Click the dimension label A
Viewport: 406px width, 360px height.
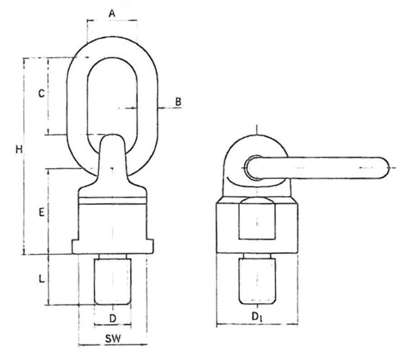pyautogui.click(x=112, y=14)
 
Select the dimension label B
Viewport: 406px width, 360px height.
pyautogui.click(x=178, y=102)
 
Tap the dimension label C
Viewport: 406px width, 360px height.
pyautogui.click(x=41, y=94)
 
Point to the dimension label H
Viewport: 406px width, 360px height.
pyautogui.click(x=18, y=149)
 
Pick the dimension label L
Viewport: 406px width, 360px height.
pyautogui.click(x=41, y=279)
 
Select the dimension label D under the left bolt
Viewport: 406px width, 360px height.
pyautogui.click(x=113, y=318)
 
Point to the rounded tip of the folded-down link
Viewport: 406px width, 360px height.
pyautogui.click(x=382, y=168)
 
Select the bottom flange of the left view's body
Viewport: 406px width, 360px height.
pyautogui.click(x=113, y=246)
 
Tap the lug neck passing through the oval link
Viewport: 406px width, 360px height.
pyautogui.click(x=112, y=153)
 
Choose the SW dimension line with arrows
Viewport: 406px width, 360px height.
pyautogui.click(x=112, y=346)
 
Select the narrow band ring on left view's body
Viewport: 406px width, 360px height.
pyautogui.click(x=113, y=201)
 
